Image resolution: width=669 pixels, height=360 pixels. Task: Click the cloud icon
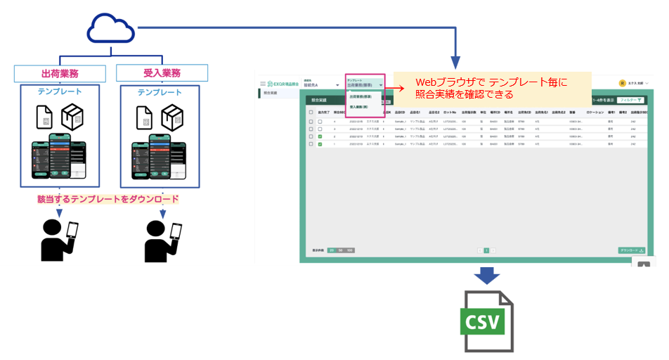coord(110,29)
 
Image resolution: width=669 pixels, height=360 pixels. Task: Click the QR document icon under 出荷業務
coord(45,117)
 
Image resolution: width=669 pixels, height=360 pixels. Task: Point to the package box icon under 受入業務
coord(173,117)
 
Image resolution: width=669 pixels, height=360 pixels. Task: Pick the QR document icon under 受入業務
coord(144,117)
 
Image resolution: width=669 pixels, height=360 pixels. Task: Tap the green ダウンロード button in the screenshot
coord(632,250)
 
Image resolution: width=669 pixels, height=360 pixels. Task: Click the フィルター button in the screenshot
coord(630,101)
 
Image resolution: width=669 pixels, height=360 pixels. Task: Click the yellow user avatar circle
coord(622,82)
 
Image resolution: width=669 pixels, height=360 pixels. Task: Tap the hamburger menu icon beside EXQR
coord(263,84)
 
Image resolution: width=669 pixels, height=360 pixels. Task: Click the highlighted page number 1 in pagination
coord(486,250)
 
